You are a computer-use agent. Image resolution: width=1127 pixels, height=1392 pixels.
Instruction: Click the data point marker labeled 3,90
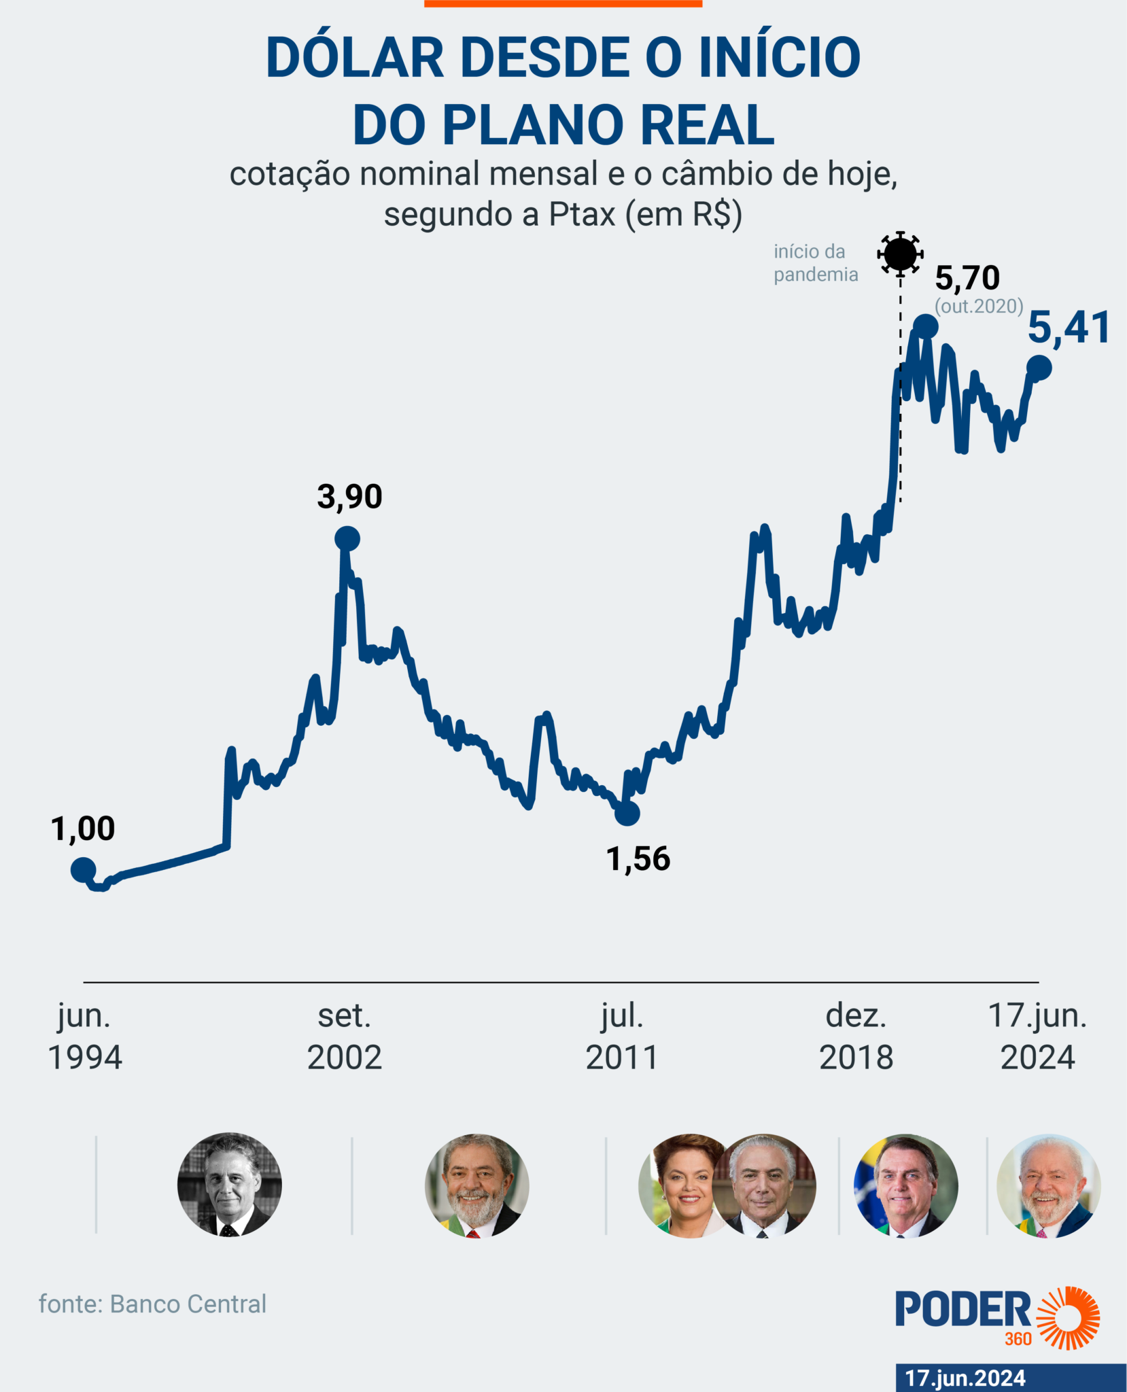pos(347,539)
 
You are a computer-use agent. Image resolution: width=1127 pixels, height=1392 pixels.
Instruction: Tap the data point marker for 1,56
pos(627,812)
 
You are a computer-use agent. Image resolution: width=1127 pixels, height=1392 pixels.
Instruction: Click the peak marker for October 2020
pos(926,327)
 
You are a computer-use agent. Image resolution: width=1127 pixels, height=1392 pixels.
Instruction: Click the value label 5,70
pos(967,278)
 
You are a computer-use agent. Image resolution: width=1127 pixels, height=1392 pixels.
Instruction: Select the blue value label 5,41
pos(1069,328)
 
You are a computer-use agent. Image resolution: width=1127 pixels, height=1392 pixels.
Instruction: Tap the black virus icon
pos(900,254)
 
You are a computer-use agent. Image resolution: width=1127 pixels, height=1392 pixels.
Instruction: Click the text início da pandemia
pos(816,263)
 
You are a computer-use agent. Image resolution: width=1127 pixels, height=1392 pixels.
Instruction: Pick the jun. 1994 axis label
pos(85,1037)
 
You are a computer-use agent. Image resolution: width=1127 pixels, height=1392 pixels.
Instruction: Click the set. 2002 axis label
pos(345,1037)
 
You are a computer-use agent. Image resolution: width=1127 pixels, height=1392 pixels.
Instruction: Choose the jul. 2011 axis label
pos(622,1037)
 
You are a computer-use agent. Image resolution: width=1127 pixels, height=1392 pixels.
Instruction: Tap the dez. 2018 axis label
pos(856,1037)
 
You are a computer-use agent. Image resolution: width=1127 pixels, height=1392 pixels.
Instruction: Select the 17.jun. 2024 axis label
pos(1037,1037)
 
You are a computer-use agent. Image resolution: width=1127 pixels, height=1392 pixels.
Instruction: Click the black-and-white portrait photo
pos(230,1185)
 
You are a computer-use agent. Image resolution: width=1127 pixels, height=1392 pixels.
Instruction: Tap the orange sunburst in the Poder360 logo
pos(1069,1317)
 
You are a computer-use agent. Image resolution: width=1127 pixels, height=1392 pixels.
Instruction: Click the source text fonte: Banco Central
pos(152,1304)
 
